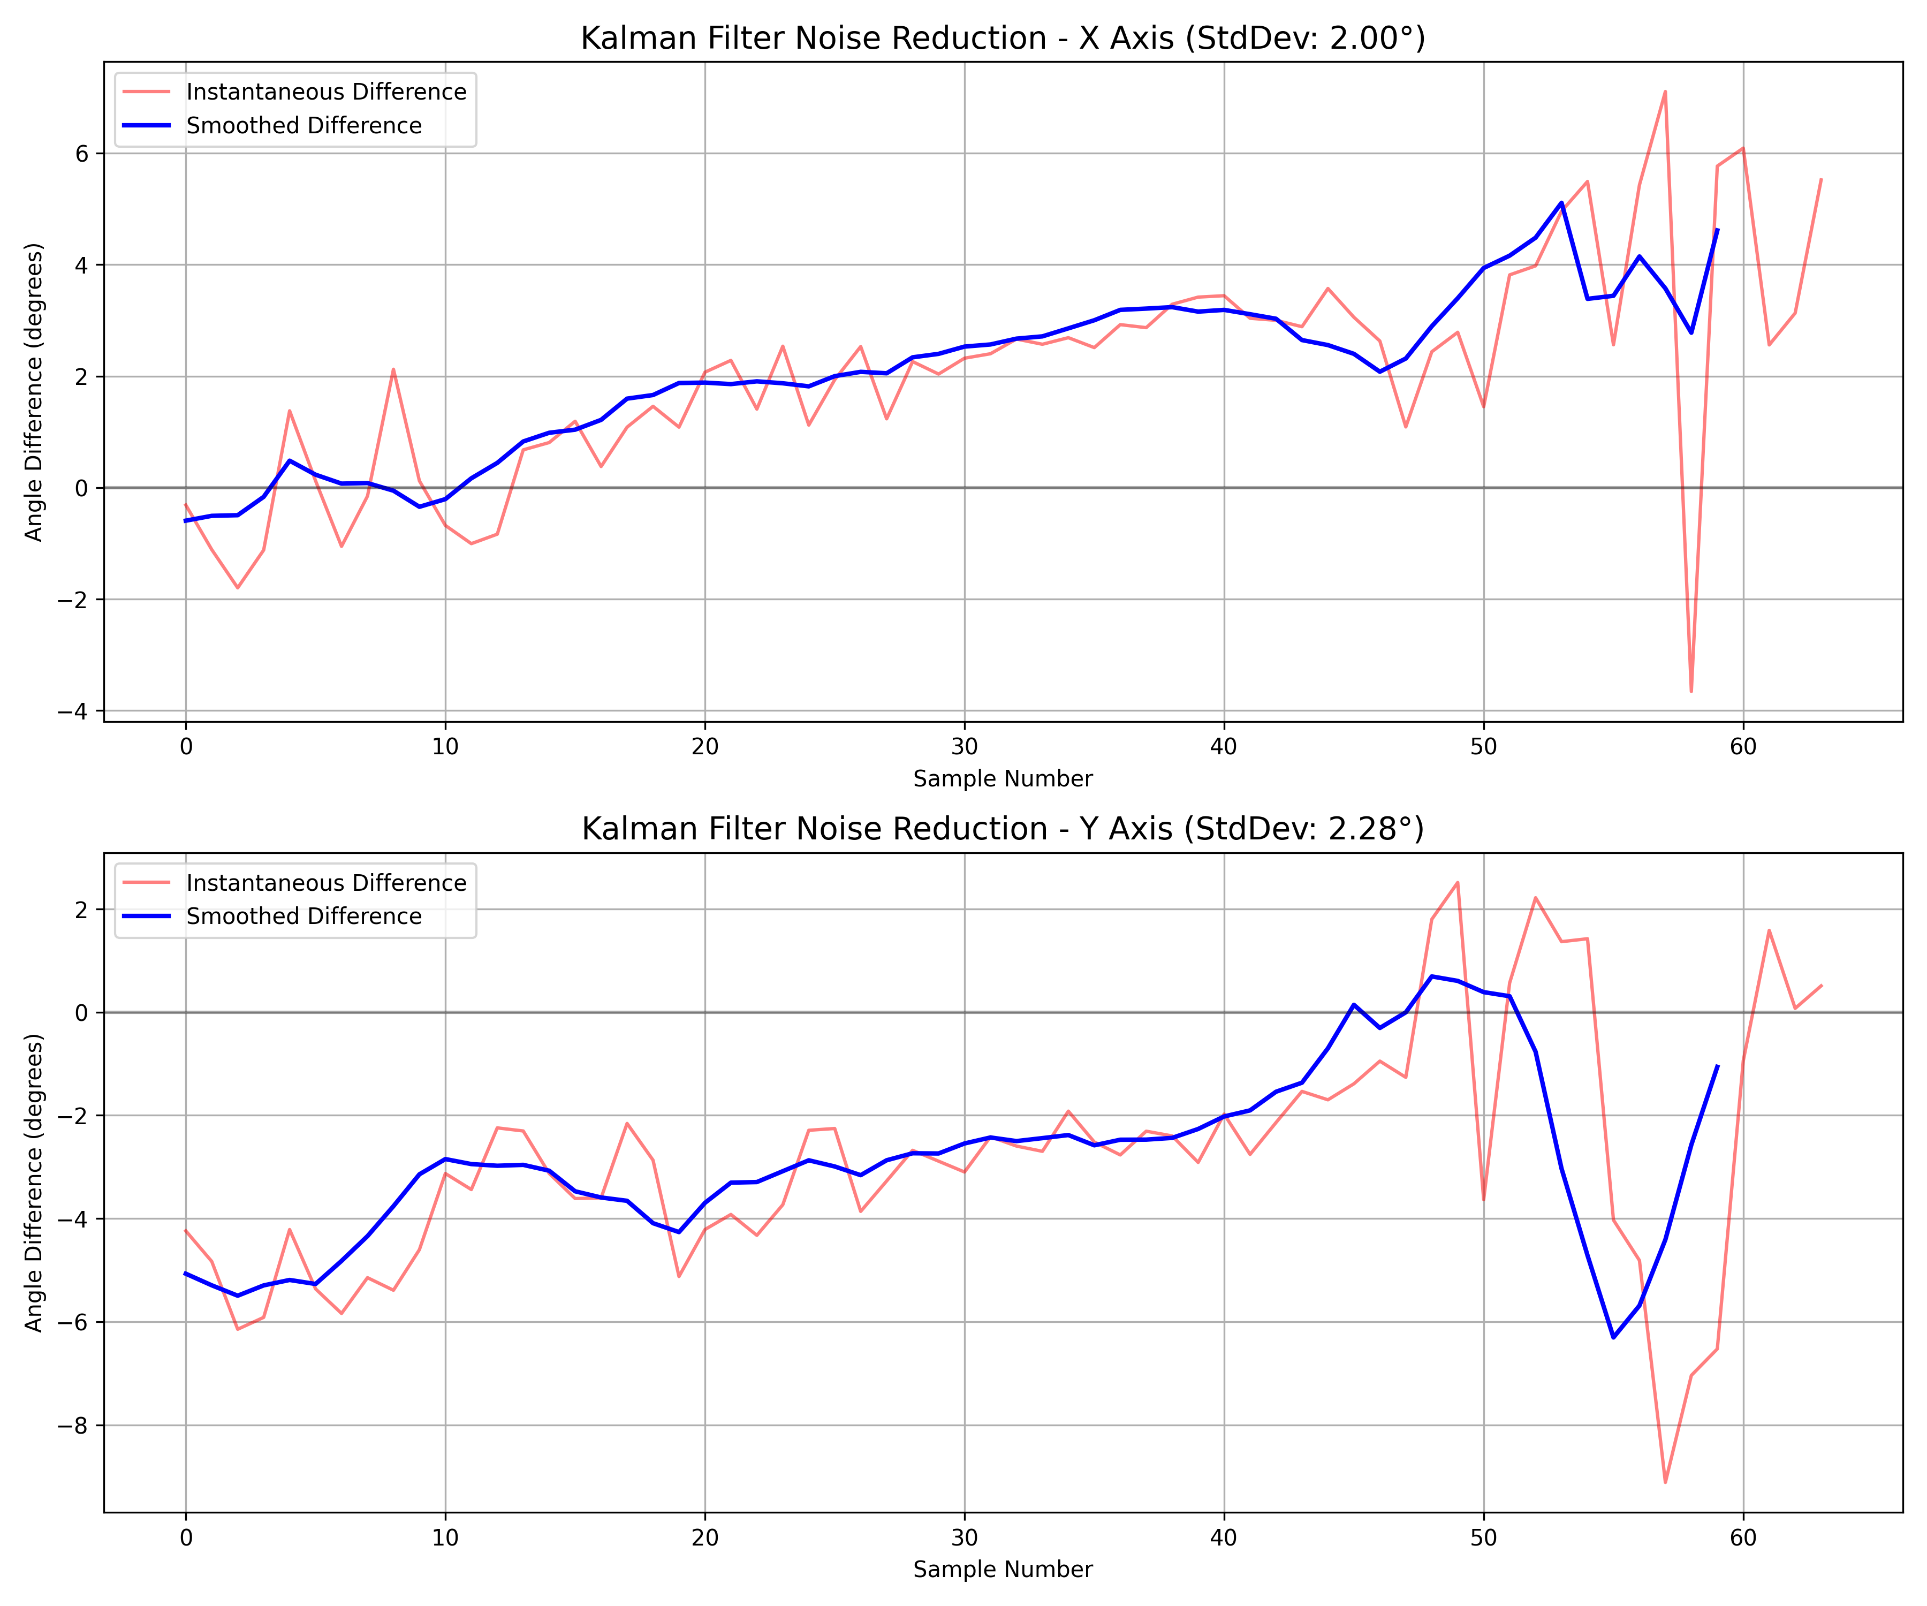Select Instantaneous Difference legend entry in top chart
click(326, 92)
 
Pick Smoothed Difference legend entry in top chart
click(304, 126)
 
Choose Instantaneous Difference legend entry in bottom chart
click(326, 883)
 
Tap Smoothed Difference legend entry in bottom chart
click(304, 917)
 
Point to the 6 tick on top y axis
click(82, 153)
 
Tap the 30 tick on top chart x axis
click(965, 746)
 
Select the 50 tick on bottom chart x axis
click(1484, 1537)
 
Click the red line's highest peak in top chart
click(1665, 91)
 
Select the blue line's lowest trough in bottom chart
click(1613, 1337)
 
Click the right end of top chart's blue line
click(1717, 230)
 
